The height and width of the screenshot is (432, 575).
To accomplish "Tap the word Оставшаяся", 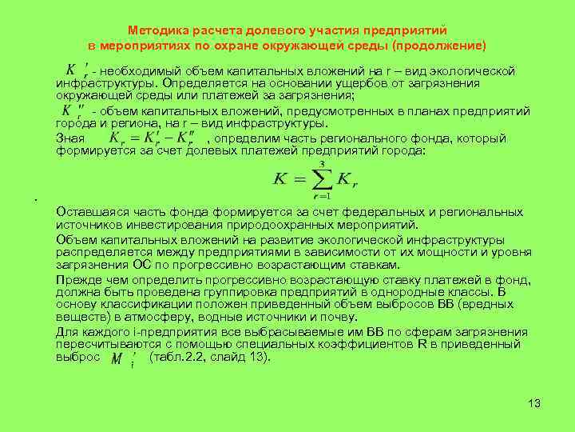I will click(x=89, y=212).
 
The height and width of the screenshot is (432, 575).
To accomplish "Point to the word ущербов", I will click(x=367, y=82).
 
